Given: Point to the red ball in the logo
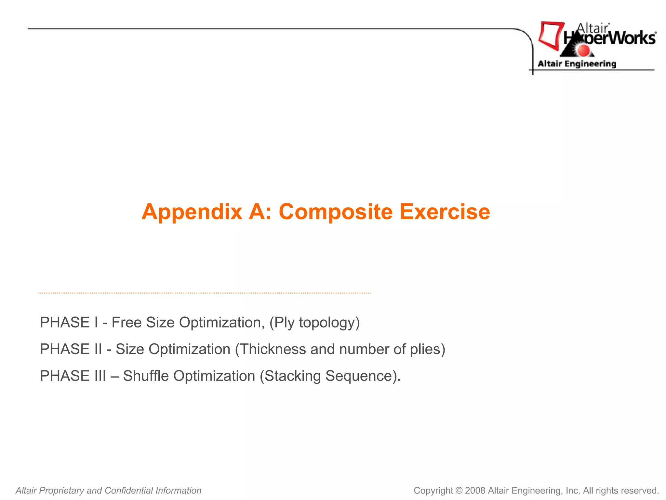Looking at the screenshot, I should pyautogui.click(x=583, y=50).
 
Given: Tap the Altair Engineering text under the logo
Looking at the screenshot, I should pyautogui.click(x=577, y=64).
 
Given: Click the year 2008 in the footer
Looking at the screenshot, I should pyautogui.click(x=475, y=491).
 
